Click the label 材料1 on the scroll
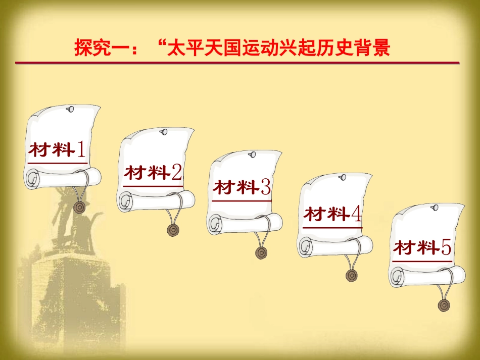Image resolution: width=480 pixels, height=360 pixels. pos(57,149)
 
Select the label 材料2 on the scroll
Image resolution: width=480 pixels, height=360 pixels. pos(153,172)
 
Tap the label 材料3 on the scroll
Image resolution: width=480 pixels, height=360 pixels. pos(242,187)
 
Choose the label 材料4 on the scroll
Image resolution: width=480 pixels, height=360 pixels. pos(333,214)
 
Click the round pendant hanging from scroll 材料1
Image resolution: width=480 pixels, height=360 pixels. pos(80,207)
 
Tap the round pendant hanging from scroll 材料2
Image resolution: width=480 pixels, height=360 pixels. pos(173,230)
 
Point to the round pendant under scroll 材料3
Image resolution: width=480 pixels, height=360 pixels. pos(261,253)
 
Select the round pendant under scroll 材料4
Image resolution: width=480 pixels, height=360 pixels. pos(352,276)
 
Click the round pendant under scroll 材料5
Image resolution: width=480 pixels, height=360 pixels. pos(444,305)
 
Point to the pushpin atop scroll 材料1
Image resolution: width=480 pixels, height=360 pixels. pos(70,109)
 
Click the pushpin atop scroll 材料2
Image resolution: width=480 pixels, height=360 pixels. pos(164,132)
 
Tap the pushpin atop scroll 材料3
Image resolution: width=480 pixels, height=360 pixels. pos(252,155)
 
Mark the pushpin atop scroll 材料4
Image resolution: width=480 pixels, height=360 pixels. pos(343,177)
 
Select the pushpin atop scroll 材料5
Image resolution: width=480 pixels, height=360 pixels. pos(435,208)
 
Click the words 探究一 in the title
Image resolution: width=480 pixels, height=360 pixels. pos(102,48)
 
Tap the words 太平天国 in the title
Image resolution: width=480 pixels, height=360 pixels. pos(204,48)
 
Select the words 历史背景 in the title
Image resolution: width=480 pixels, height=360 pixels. pos(353,48)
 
